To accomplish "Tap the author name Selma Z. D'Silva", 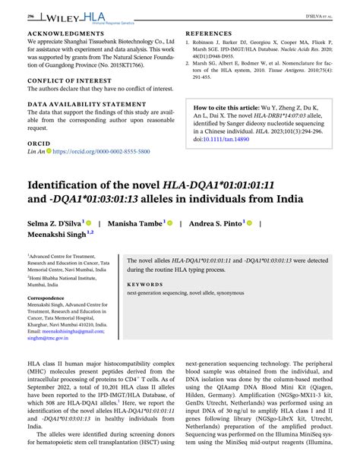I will point(54,224).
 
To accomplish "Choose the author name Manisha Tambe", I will point(135,224).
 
